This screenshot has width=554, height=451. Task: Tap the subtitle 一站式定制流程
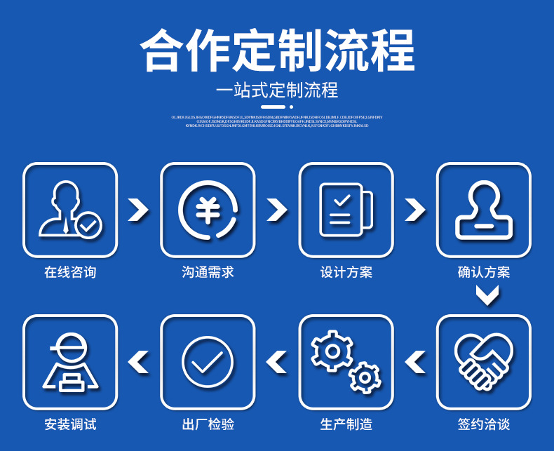[277, 90]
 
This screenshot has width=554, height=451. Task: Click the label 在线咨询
[70, 272]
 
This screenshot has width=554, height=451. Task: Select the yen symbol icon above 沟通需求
[208, 210]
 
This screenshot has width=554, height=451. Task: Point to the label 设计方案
[346, 272]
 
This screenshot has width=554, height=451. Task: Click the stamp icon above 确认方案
[484, 210]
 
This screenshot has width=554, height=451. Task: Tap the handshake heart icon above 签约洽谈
[484, 362]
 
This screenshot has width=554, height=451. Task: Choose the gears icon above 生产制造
[346, 362]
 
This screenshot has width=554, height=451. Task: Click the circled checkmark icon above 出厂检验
[208, 362]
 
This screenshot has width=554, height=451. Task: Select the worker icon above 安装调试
[70, 362]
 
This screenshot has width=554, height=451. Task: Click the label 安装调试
[70, 424]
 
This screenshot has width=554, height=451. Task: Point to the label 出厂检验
[208, 424]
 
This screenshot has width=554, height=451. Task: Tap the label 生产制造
[346, 424]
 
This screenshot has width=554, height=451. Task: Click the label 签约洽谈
[484, 424]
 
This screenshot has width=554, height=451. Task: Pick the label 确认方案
[484, 272]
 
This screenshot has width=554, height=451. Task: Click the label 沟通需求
[208, 272]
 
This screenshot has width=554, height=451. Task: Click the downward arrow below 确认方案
[487, 297]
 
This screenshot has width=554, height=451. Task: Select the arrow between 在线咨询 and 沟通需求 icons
[139, 210]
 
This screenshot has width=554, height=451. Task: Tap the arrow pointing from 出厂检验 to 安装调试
[139, 362]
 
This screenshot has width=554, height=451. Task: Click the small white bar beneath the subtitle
[277, 107]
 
